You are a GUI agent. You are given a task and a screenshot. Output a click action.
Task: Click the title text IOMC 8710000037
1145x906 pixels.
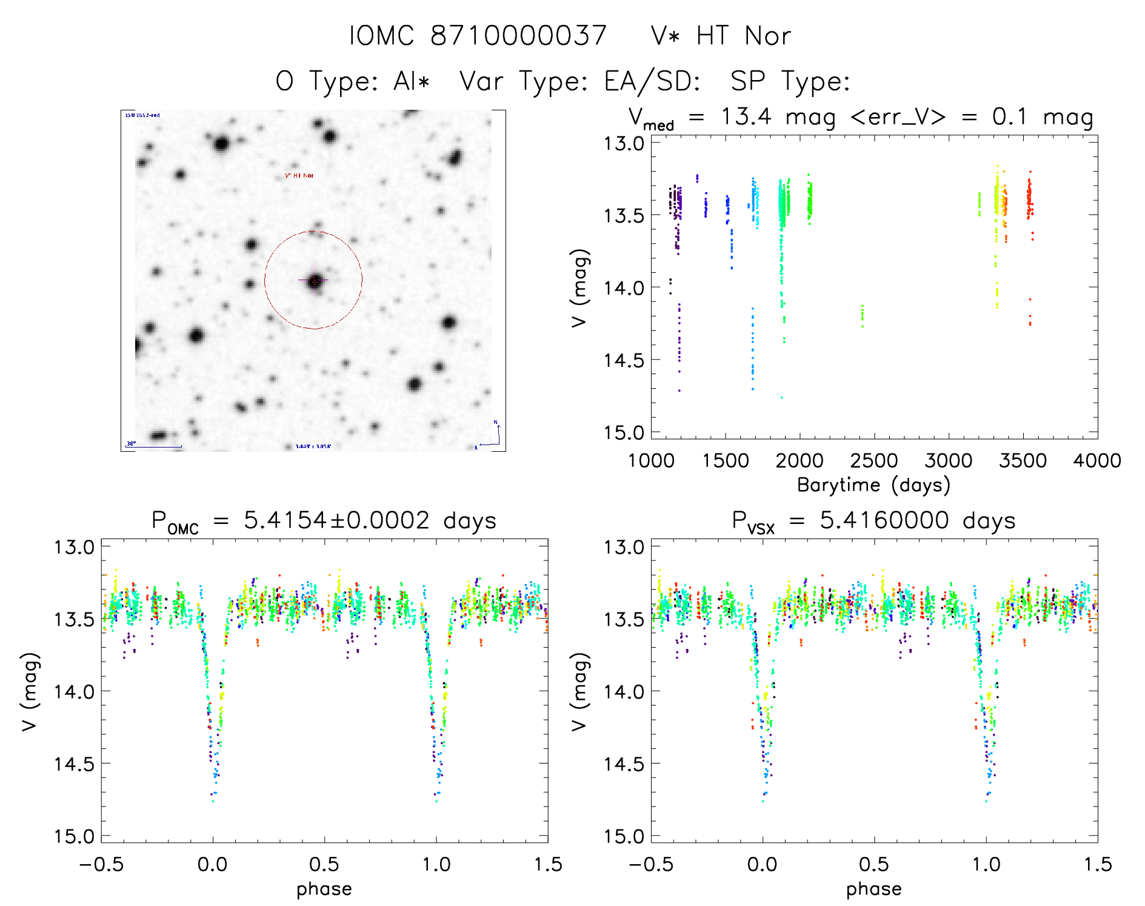point(478,36)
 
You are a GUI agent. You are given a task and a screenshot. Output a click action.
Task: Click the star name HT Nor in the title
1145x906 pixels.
point(743,36)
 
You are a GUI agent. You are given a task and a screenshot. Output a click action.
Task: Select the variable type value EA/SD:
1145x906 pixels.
point(652,81)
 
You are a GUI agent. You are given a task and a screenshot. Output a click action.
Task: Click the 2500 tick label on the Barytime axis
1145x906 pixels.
point(874,460)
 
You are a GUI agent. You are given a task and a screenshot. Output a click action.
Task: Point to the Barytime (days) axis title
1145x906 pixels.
point(873,485)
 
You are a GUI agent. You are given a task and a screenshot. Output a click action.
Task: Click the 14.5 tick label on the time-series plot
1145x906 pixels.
point(623,360)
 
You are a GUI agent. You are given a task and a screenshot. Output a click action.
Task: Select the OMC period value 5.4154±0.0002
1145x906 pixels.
point(336,520)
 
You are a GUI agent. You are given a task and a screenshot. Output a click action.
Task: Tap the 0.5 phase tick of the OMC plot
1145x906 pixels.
point(324,864)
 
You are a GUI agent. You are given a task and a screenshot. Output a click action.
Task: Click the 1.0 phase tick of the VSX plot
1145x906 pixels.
point(986,864)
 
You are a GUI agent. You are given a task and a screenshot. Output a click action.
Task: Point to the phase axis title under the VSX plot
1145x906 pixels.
point(873,889)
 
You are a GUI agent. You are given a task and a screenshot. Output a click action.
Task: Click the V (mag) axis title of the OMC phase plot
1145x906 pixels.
point(30,691)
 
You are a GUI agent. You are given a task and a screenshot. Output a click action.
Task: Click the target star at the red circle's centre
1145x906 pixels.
point(315,281)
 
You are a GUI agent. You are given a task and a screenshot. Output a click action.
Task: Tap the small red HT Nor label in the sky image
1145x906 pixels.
point(299,176)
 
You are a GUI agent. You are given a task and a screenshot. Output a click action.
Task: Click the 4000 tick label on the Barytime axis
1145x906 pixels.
point(1097,460)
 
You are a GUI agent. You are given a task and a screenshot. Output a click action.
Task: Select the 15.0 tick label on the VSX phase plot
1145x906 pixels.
point(623,836)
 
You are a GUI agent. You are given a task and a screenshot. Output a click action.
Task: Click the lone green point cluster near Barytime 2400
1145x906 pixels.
point(863,315)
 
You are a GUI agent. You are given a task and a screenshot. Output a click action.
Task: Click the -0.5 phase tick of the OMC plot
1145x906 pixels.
point(101,864)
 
